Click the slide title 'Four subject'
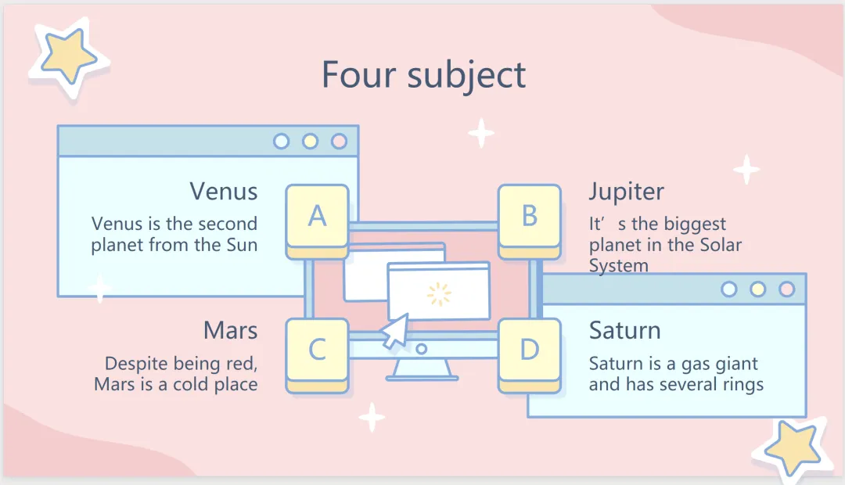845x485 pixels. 423,75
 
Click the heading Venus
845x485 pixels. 223,191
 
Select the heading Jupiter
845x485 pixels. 626,191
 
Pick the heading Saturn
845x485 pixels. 624,330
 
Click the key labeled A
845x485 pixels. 317,215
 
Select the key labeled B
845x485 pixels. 530,215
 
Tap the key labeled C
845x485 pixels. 317,349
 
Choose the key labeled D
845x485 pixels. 530,349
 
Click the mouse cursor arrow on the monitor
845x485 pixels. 396,330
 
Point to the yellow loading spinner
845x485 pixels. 438,293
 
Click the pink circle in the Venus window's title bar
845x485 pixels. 339,142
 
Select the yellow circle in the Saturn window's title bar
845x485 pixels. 757,289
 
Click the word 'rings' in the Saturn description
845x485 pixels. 743,384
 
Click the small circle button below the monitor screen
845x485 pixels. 422,347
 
